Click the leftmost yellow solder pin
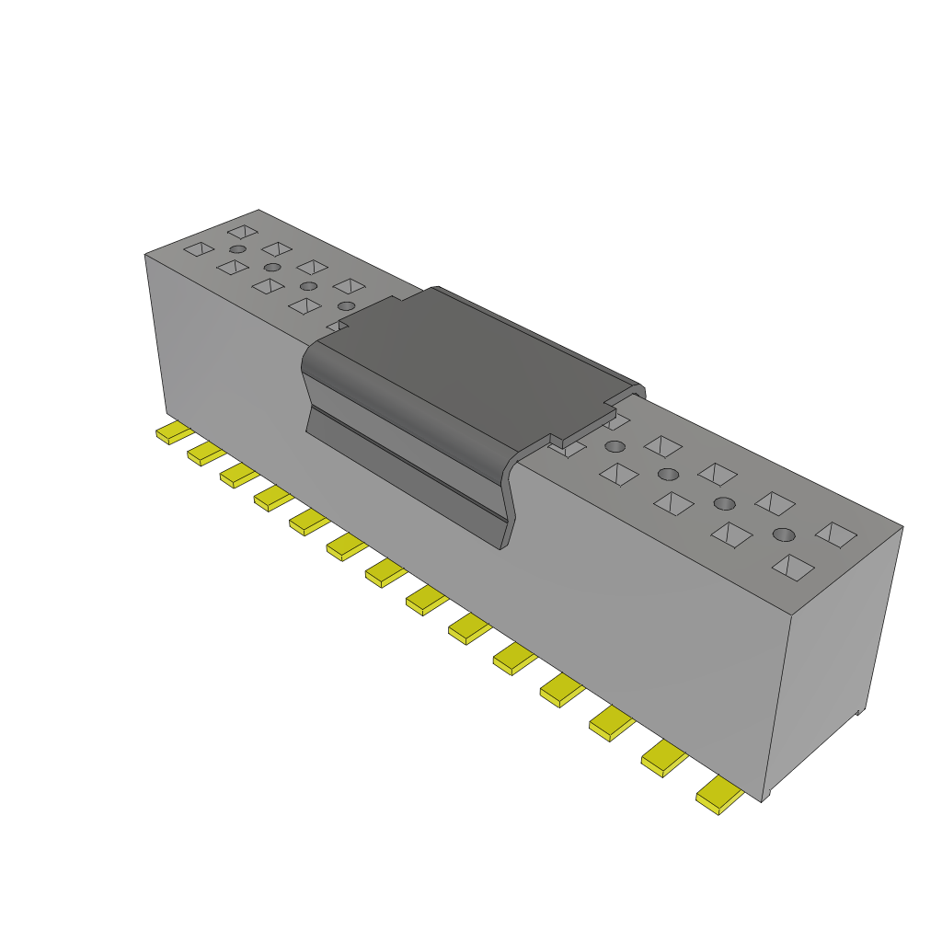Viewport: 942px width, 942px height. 173,433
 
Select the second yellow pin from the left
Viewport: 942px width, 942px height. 206,454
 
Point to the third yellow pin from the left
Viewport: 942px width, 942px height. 239,475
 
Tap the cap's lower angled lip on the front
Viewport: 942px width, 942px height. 405,478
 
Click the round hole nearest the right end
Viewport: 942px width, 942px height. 783,534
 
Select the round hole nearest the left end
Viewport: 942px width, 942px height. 237,249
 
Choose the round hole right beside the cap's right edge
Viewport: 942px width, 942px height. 615,447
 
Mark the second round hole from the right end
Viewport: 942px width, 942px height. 725,503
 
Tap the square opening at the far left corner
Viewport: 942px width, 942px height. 199,248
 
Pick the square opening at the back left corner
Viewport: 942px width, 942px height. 243,232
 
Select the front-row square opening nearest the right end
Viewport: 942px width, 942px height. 792,567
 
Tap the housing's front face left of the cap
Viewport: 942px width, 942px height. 230,368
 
